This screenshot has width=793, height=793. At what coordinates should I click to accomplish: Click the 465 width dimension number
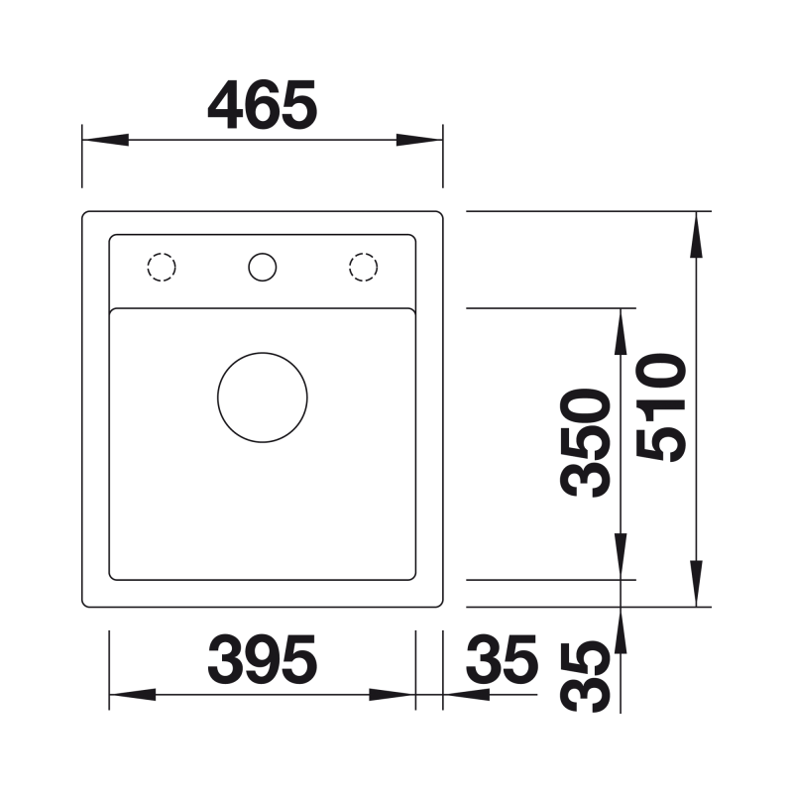(x=263, y=105)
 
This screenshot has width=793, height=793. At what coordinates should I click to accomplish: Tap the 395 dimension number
(x=263, y=659)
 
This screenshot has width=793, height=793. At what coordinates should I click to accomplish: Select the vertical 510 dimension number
(x=661, y=407)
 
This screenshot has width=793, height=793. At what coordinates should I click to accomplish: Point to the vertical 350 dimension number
(x=585, y=442)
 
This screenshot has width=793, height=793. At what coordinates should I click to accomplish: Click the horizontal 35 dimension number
(x=502, y=659)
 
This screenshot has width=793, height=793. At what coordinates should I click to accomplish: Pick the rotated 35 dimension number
(x=585, y=677)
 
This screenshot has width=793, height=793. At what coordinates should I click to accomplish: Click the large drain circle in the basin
(x=263, y=397)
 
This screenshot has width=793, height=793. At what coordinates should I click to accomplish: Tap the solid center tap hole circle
(x=263, y=267)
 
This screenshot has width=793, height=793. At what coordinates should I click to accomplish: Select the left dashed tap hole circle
(x=162, y=267)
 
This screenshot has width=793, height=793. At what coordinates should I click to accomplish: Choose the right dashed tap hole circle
(x=363, y=267)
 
